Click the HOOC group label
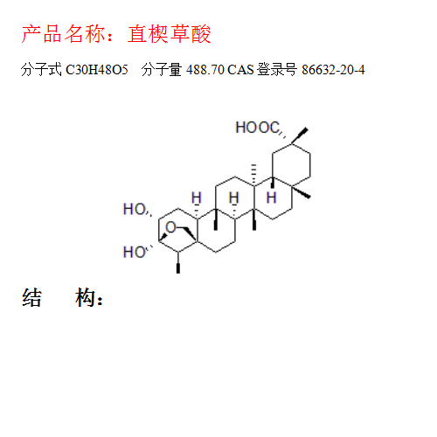pos(258,128)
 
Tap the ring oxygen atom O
pos(171,227)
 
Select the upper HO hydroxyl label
pos(135,209)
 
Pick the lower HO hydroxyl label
pos(135,252)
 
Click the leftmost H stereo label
pos(197,198)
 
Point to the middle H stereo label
pos(234,198)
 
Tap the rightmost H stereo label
pos(271,198)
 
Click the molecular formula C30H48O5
pos(97,70)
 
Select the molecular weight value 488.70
pos(205,70)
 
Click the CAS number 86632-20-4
pos(333,70)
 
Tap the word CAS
pos(240,70)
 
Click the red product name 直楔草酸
pos(170,34)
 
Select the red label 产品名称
pos(63,34)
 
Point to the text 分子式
pos(41,70)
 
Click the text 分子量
pos(162,70)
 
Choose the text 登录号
pos(277,70)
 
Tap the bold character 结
pos(31,297)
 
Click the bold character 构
pos(85,297)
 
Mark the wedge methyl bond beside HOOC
pos(300,135)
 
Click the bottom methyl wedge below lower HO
pos(178,262)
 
